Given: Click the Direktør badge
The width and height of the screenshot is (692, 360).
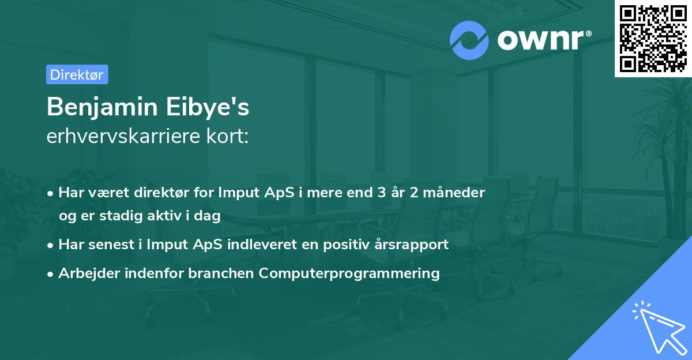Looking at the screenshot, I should coord(77,74).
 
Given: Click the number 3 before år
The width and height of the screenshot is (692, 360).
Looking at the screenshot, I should coord(381,192).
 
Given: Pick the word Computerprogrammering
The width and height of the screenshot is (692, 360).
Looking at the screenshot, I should coord(349,273).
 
